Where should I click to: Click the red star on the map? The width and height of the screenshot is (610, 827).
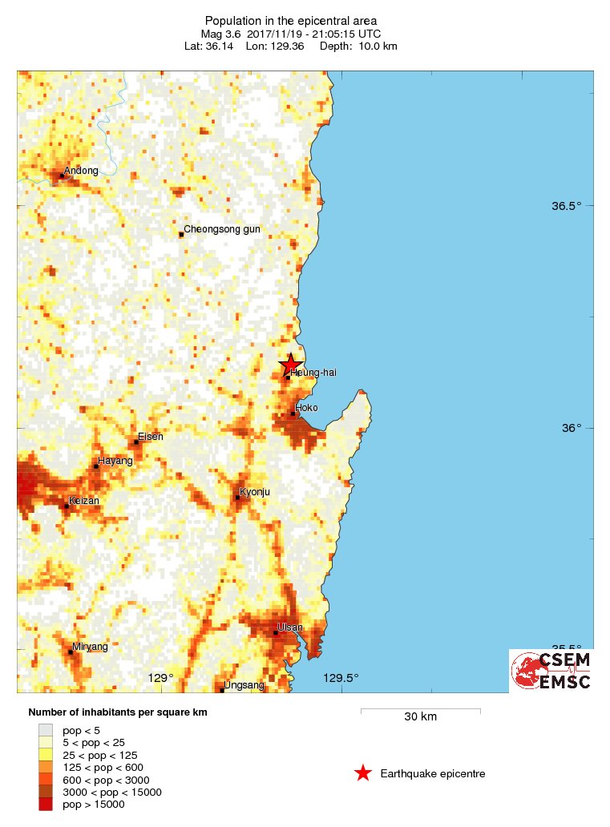click(290, 365)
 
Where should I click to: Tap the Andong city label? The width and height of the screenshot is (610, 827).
click(81, 170)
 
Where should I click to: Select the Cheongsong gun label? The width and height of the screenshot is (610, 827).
click(222, 229)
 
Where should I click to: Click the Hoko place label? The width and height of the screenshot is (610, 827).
click(307, 408)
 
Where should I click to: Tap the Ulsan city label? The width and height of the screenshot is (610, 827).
click(289, 627)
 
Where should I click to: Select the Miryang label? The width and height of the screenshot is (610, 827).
click(90, 646)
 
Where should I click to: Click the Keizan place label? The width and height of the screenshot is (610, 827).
click(84, 500)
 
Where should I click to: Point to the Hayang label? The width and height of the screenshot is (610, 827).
click(112, 462)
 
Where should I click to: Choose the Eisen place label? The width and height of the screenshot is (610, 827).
click(150, 437)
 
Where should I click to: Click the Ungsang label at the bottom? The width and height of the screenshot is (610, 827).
click(244, 685)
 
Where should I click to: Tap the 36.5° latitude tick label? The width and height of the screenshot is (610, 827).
click(566, 206)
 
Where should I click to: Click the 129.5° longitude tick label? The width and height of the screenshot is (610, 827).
click(341, 679)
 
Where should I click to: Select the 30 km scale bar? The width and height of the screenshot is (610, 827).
click(420, 710)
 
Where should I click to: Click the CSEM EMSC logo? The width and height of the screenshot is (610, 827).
click(551, 671)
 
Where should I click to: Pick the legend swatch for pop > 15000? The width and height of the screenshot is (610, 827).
click(46, 805)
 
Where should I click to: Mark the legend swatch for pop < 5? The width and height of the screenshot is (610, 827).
click(46, 730)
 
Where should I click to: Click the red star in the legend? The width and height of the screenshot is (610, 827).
click(363, 773)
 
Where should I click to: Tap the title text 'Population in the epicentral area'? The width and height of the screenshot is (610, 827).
click(291, 21)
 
